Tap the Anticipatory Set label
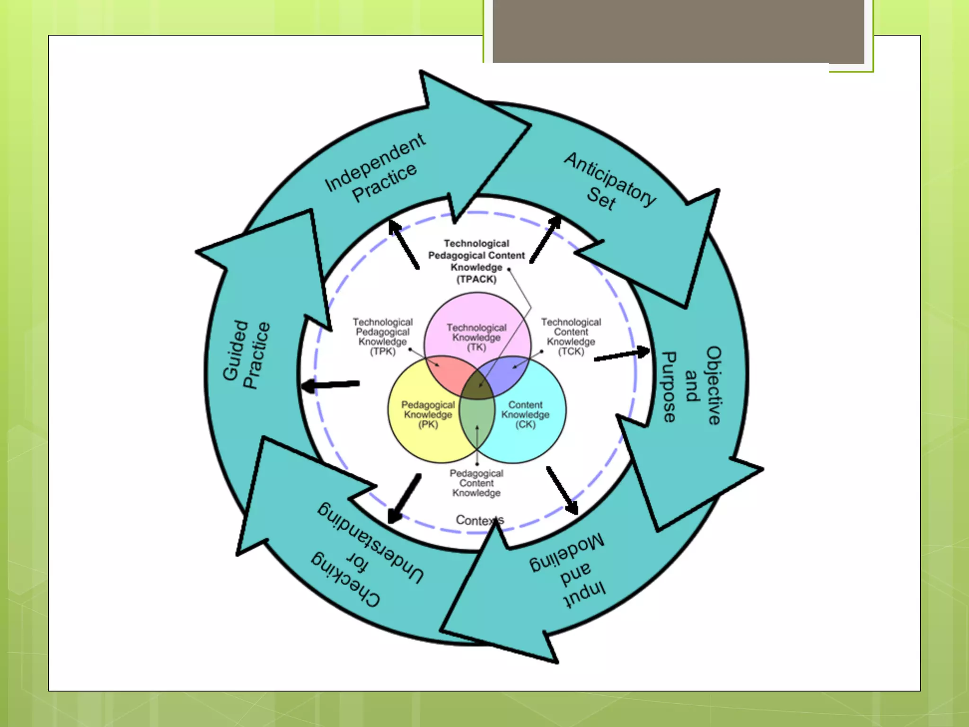[x=608, y=182]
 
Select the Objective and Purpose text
[x=691, y=386]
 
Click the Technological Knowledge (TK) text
[x=476, y=337]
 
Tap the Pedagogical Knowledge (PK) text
[x=428, y=415]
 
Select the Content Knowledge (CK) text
[x=525, y=415]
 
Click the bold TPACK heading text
[x=476, y=261]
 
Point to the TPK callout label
[x=382, y=337]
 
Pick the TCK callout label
[x=571, y=337]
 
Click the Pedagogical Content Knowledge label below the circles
[x=476, y=483]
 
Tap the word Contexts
[x=479, y=520]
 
